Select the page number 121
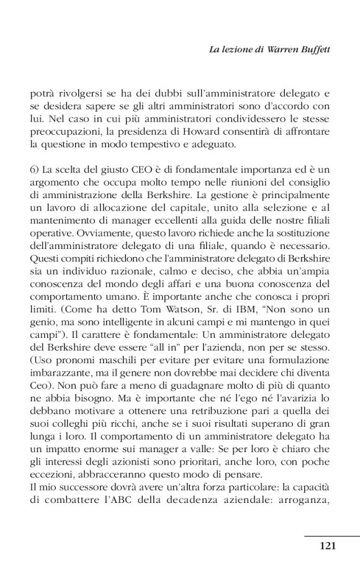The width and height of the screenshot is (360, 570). pos(328,546)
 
